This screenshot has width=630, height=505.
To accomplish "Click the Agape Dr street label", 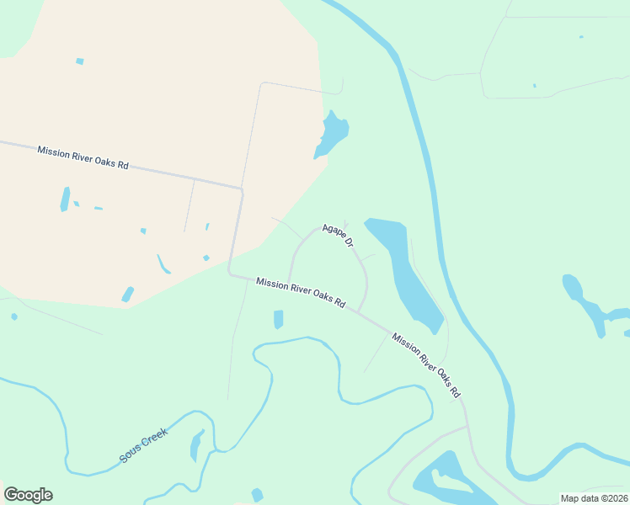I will coord(337,236).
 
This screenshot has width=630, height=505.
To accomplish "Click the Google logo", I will coord(28,495).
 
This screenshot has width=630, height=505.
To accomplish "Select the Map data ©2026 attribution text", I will coord(594,498).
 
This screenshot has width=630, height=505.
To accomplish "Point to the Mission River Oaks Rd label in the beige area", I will coord(83,157).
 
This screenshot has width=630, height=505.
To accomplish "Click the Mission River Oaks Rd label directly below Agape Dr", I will coord(301,292).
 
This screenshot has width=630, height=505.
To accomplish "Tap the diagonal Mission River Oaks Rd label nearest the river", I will coord(426,364).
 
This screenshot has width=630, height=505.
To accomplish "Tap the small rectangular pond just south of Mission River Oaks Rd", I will coord(279,320).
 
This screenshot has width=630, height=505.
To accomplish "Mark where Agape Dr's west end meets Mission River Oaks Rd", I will coord(288,284).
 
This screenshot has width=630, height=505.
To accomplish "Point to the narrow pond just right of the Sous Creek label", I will coord(197,444).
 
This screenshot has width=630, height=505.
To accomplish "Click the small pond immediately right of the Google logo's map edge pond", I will coord(257,495).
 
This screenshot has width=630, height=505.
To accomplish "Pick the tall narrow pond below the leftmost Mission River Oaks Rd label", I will coord(65,199).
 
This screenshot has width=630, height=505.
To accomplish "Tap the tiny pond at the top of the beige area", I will coord(80,61).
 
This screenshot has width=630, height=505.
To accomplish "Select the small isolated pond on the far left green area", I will coord(14,316).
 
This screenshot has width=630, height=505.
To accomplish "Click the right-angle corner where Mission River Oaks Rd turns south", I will coord(242,190).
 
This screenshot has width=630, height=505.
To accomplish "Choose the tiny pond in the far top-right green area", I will coord(580,37).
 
